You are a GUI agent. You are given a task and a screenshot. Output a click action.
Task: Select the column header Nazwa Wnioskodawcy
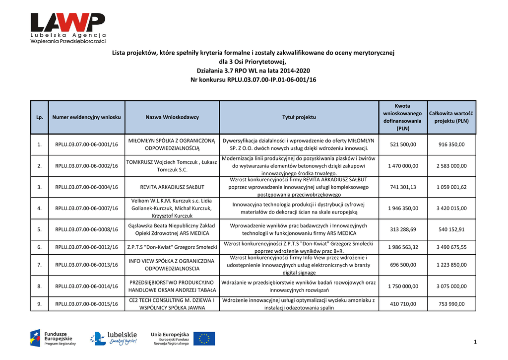click(x=172, y=117)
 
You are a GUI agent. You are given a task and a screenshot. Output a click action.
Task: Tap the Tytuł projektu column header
click(x=299, y=117)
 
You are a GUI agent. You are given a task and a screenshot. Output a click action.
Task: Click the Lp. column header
click(x=39, y=117)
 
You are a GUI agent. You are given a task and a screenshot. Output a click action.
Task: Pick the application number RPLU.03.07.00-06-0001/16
click(x=86, y=144)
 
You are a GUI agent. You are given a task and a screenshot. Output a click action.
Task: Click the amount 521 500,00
click(x=403, y=144)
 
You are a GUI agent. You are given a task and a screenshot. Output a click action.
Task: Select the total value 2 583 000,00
click(x=451, y=166)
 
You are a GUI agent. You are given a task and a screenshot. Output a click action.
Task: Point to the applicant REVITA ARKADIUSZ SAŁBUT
click(x=172, y=187)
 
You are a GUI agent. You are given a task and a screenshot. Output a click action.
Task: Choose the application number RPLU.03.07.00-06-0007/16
click(x=86, y=209)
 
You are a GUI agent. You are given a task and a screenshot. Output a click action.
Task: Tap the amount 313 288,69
click(x=403, y=229)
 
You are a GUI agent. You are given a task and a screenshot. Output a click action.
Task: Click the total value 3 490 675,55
click(x=451, y=247)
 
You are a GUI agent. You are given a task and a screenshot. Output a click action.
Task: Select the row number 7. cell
click(x=39, y=265)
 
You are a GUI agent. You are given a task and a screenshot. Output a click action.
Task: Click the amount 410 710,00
click(x=403, y=304)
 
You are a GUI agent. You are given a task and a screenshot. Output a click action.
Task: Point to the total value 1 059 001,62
click(x=451, y=187)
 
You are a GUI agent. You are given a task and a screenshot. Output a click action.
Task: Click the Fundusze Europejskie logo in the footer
click(x=53, y=338)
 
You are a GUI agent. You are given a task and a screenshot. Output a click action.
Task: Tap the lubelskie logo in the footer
click(x=114, y=338)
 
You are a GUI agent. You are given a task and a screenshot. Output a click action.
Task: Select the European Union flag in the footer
click(x=204, y=339)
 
